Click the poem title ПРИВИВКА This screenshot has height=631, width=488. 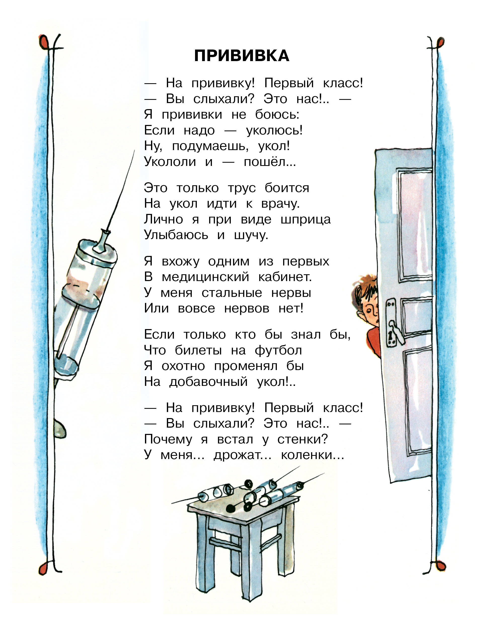[242, 56]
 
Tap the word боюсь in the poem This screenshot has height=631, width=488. [277, 115]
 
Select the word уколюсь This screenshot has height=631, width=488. [274, 130]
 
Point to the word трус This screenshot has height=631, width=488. [242, 188]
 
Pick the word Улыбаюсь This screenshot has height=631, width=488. [176, 235]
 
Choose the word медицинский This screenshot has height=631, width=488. [205, 277]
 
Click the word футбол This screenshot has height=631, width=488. [278, 350]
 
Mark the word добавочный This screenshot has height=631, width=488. [208, 382]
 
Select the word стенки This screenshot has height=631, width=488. [303, 439]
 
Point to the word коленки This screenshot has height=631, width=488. [312, 455]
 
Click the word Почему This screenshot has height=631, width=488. [168, 440]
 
